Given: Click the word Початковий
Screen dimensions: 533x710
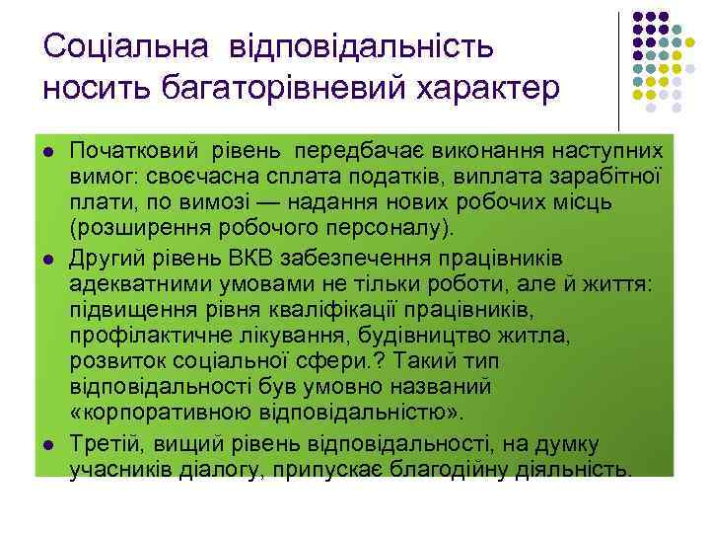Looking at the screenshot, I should (130, 150).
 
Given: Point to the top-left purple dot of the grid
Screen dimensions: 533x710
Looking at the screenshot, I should (639, 17).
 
